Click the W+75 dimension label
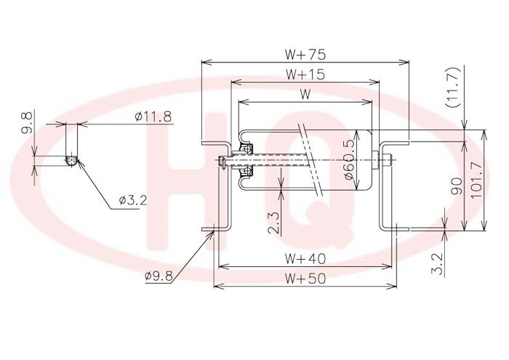[305, 55]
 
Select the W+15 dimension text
[305, 75]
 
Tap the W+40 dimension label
[305, 259]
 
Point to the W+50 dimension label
[305, 279]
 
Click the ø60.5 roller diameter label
[349, 160]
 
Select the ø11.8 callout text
[153, 116]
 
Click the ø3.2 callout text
[133, 200]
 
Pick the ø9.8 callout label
[159, 276]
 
